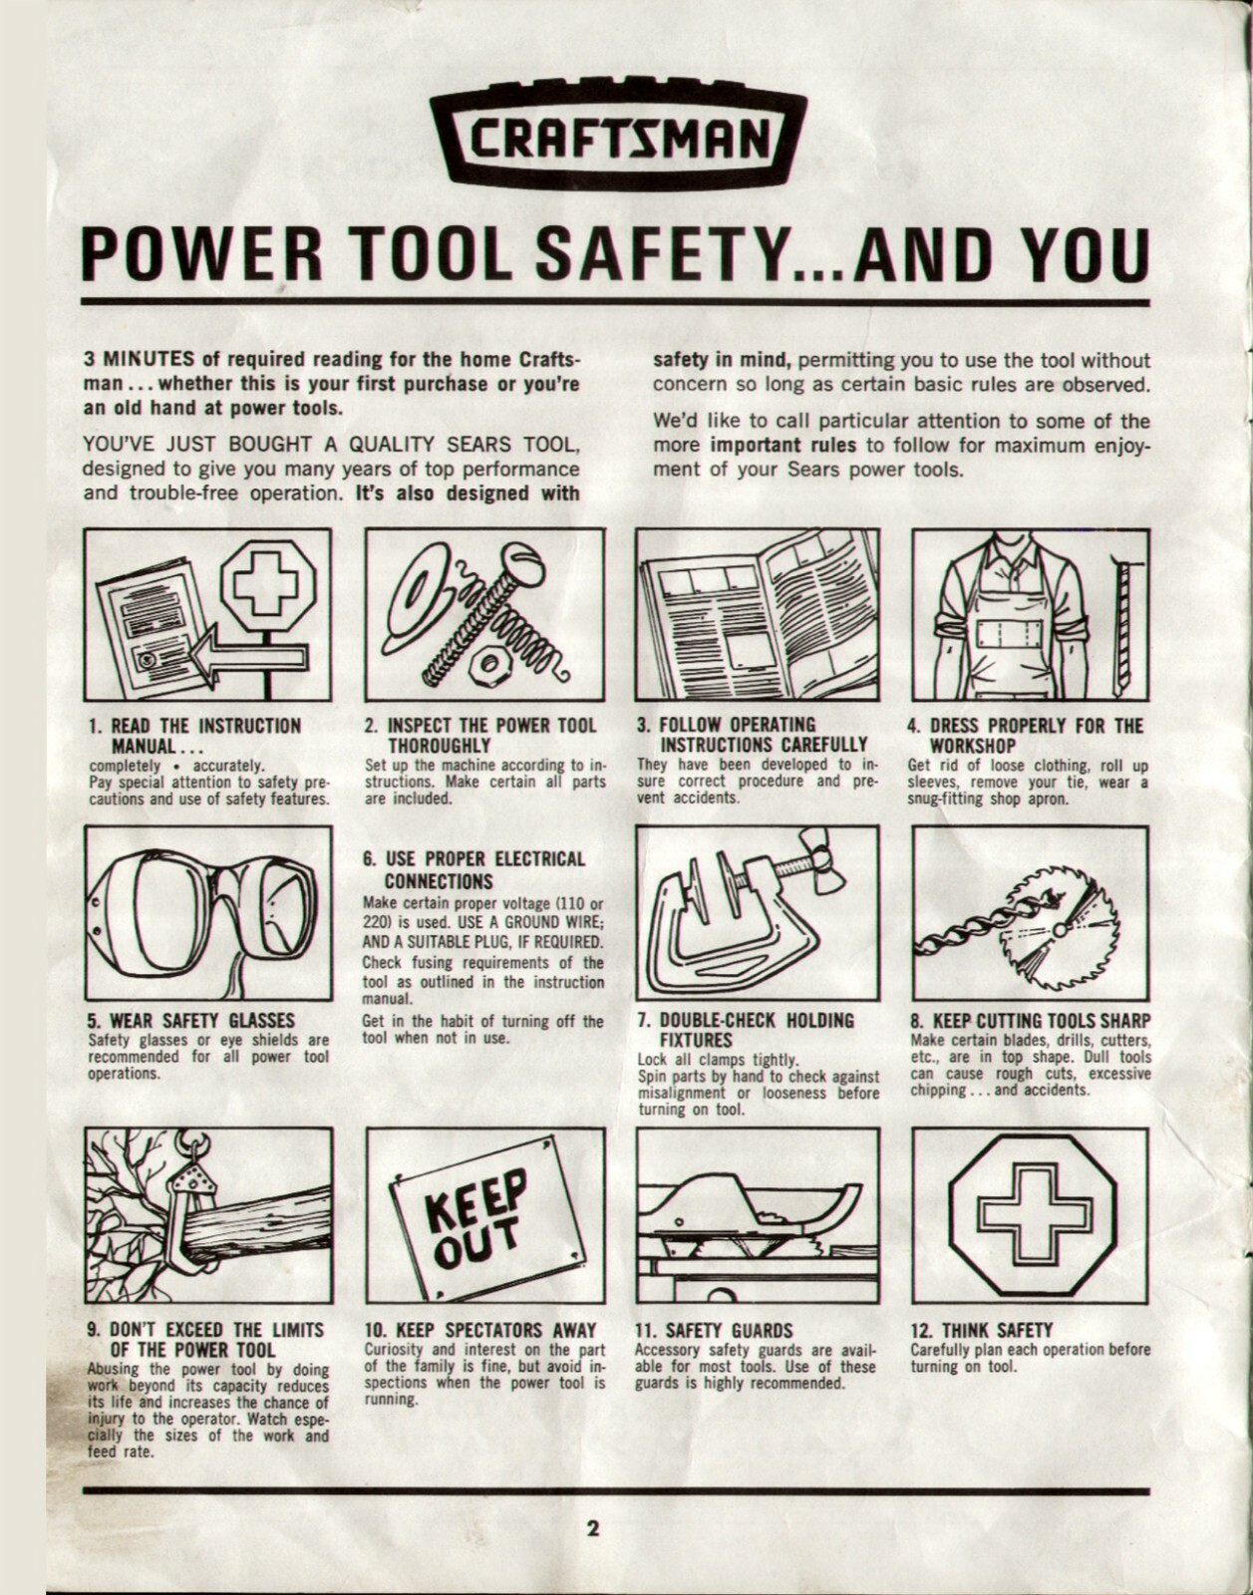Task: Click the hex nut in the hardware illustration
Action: click(491, 660)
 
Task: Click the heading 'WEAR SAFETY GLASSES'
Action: click(189, 1021)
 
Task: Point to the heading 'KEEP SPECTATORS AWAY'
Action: click(481, 1330)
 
